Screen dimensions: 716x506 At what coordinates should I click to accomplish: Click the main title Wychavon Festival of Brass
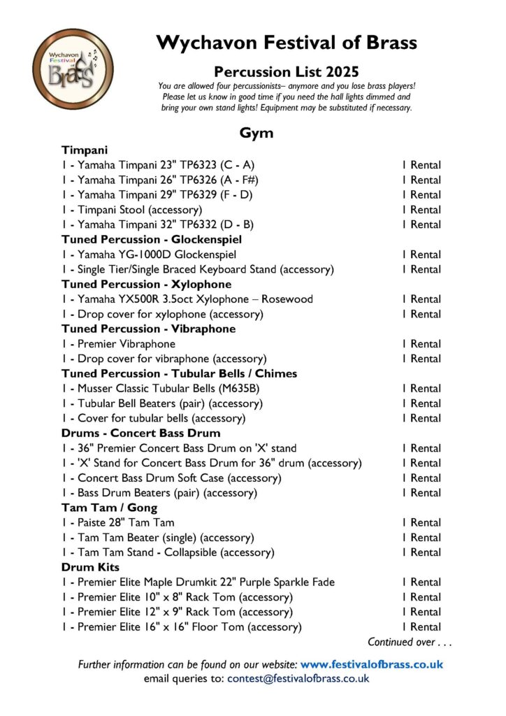coord(287,43)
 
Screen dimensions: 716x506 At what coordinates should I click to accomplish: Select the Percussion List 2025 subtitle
coord(287,71)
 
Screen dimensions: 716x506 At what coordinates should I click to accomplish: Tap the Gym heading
coord(256,133)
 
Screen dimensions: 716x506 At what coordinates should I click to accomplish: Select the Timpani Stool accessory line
coord(132,210)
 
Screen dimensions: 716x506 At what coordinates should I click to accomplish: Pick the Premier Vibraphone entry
coord(118,344)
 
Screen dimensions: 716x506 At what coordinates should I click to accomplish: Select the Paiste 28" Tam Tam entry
coord(117,523)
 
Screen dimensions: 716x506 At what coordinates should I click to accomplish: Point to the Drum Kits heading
coord(90,567)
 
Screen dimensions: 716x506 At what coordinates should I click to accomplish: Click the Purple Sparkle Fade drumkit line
coord(198,582)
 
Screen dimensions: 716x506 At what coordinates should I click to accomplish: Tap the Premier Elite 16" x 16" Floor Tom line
coord(182,627)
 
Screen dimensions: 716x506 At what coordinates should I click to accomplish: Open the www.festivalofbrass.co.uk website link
coord(372,664)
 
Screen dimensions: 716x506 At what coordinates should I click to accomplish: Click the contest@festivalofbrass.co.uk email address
coord(298,678)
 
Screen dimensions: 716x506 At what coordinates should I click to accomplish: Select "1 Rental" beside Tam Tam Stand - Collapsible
coord(421,552)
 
